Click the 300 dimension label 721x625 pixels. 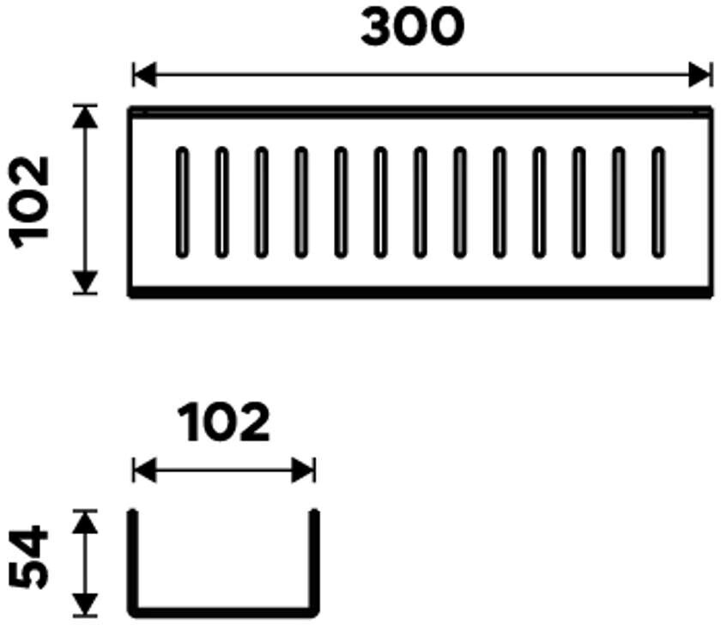[412, 29]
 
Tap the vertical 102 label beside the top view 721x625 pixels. [32, 200]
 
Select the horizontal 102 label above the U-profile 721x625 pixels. [224, 424]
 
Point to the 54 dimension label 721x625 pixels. [32, 559]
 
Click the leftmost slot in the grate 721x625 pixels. [181, 202]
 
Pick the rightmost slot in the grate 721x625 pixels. [658, 202]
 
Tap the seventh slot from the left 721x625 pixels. [420, 202]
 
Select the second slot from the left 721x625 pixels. [221, 202]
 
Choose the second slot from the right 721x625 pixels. [619, 202]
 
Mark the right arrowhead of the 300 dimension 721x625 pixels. [701, 75]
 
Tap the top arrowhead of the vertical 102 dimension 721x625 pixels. [84, 116]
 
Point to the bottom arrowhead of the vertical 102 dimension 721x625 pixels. [84, 282]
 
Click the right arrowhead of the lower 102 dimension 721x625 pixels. [305, 470]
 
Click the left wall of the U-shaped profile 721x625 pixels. [134, 562]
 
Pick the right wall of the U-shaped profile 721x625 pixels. [314, 562]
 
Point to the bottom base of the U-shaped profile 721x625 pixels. [224, 612]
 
